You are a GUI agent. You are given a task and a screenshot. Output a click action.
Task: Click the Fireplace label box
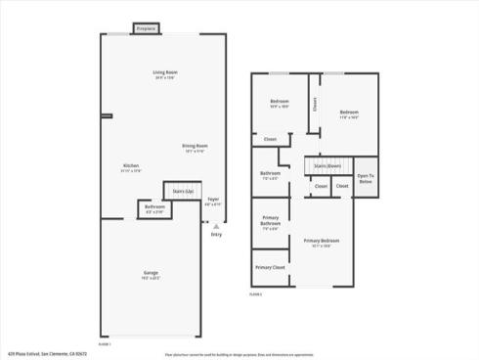click(147, 29)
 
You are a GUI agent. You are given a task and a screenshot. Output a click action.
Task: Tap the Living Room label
click(164, 74)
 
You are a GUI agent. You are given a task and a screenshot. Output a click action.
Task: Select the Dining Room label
click(196, 147)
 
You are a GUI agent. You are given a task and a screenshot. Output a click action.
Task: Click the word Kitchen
click(130, 165)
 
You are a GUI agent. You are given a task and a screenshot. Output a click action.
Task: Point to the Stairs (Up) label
click(182, 191)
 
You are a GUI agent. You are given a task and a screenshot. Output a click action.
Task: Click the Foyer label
click(212, 200)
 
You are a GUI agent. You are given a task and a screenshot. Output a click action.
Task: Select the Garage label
click(152, 275)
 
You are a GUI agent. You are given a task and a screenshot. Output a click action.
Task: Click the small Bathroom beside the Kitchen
click(154, 207)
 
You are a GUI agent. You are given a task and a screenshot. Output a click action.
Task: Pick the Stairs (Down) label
click(328, 166)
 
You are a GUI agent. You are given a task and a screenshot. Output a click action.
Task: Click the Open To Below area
click(366, 178)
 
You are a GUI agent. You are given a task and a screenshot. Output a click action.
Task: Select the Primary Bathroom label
click(270, 225)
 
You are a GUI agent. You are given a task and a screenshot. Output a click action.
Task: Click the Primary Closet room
click(270, 267)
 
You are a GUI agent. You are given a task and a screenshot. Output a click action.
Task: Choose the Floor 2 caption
click(256, 293)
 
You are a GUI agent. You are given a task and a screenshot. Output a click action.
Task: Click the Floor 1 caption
click(105, 343)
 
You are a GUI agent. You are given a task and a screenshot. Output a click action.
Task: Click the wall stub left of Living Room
click(106, 115)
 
